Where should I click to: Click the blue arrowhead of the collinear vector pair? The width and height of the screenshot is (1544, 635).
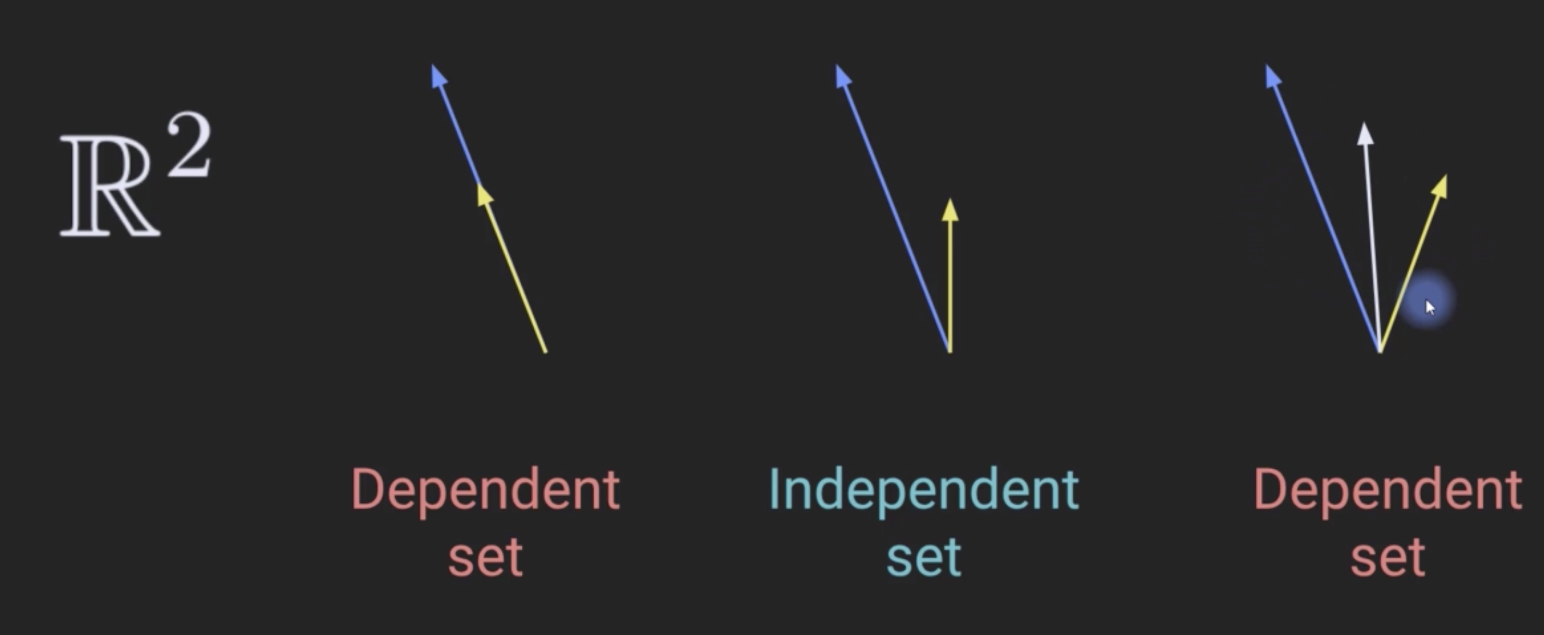[439, 76]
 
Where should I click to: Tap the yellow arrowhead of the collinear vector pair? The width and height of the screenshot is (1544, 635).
[484, 195]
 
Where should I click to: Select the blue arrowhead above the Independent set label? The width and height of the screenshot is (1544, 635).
[843, 76]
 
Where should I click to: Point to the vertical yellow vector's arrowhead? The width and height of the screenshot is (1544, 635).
[950, 210]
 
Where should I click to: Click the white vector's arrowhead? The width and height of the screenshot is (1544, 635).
[1365, 134]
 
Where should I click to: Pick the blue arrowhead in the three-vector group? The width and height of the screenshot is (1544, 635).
[1272, 76]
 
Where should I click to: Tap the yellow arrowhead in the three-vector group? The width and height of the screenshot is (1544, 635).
[1440, 186]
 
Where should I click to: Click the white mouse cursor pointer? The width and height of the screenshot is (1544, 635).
[1430, 307]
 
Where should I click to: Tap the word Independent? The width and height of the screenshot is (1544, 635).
[924, 490]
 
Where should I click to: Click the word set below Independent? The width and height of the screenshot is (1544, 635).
[924, 557]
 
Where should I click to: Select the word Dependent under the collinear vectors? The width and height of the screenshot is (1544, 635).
[485, 490]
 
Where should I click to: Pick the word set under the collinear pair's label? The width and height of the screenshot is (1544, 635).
[485, 557]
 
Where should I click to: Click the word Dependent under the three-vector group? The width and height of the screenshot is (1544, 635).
[1388, 490]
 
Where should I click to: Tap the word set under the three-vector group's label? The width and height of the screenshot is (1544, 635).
[1388, 557]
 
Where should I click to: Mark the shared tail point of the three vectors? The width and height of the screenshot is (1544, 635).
[1380, 350]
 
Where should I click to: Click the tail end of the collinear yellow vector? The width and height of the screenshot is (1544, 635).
[545, 350]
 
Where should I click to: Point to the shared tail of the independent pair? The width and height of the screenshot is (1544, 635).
[950, 350]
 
